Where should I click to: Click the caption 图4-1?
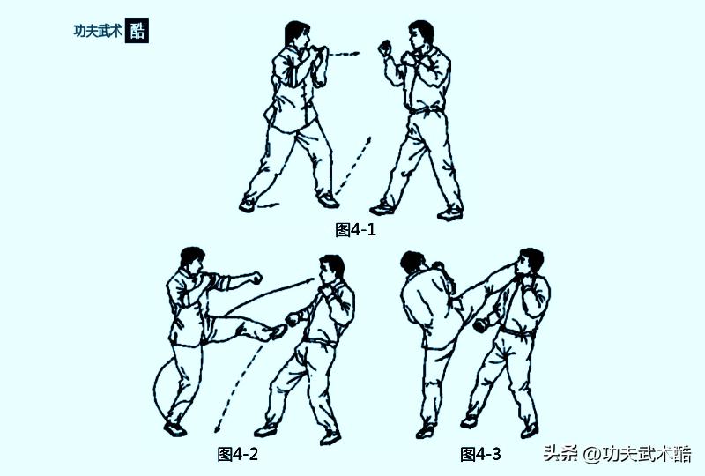(x=356, y=230)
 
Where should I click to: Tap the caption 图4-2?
(x=237, y=454)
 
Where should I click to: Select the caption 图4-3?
(x=480, y=454)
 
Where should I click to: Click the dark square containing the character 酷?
(x=137, y=31)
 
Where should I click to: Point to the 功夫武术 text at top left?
(x=98, y=31)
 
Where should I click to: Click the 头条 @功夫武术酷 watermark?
(x=617, y=454)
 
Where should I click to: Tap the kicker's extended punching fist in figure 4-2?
(x=255, y=277)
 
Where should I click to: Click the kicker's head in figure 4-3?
(x=412, y=261)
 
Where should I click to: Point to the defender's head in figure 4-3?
(x=531, y=263)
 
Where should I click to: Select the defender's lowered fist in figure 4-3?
(x=480, y=325)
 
